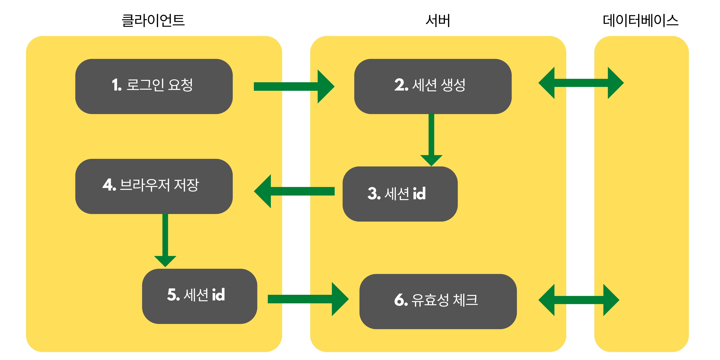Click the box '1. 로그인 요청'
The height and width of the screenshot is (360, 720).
pyautogui.click(x=154, y=86)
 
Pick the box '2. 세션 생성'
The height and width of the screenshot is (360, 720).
pyautogui.click(x=433, y=86)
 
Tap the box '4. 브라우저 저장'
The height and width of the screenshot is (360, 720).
pyautogui.click(x=154, y=186)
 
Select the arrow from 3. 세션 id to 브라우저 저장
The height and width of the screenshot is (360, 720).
pyautogui.click(x=293, y=191)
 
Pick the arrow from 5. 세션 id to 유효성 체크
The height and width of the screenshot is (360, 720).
pyautogui.click(x=307, y=299)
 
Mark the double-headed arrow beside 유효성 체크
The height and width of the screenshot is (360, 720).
pyautogui.click(x=579, y=300)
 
